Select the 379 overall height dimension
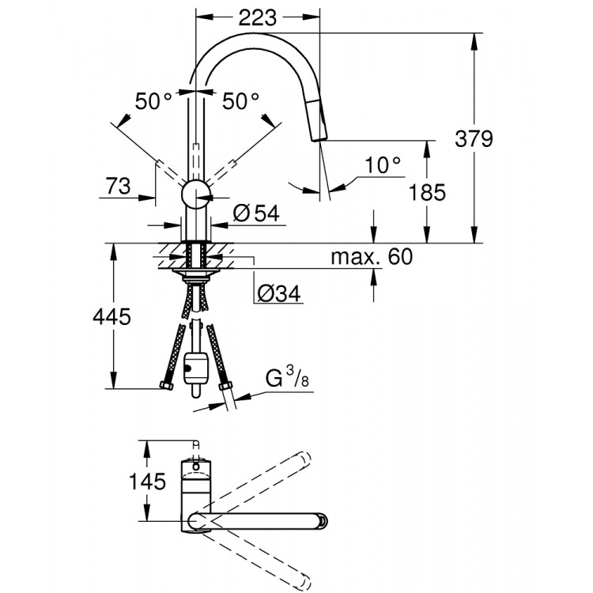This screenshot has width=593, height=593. (x=474, y=138)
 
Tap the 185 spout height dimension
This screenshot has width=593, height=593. (x=428, y=191)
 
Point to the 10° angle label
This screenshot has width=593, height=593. (x=383, y=165)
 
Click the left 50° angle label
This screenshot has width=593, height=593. (x=153, y=101)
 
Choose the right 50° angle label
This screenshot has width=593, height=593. (x=240, y=101)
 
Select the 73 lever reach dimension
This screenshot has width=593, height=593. (x=118, y=187)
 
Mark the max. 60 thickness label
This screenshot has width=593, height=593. (x=372, y=256)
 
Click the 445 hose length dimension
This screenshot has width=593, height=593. (x=111, y=317)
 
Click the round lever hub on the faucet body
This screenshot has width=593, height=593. (x=195, y=194)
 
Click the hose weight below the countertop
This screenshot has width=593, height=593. (x=195, y=368)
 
